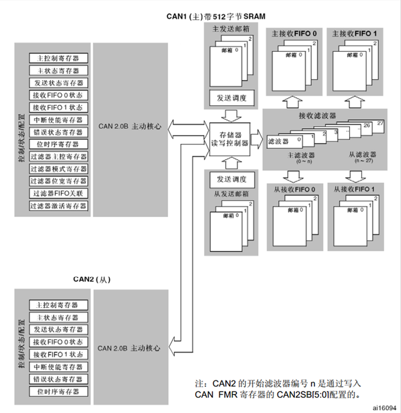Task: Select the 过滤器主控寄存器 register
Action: tap(59, 156)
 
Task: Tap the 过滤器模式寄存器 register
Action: tap(59, 169)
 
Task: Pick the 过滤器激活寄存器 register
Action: tap(59, 206)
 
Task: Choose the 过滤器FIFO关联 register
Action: tap(59, 193)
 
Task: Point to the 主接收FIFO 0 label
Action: tap(294, 34)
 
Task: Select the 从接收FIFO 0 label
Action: tap(294, 189)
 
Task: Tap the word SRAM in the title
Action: tap(253, 16)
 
